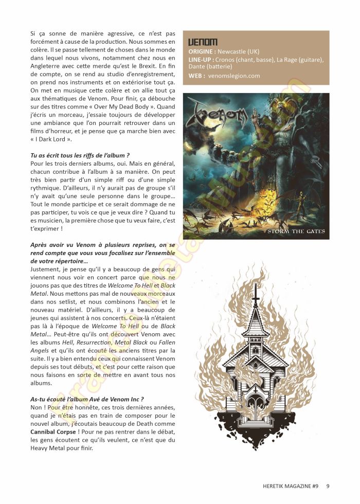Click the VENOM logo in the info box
[x=203, y=42]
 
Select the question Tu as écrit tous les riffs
[x=80, y=155]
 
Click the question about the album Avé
[x=87, y=399]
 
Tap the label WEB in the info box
[x=197, y=76]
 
